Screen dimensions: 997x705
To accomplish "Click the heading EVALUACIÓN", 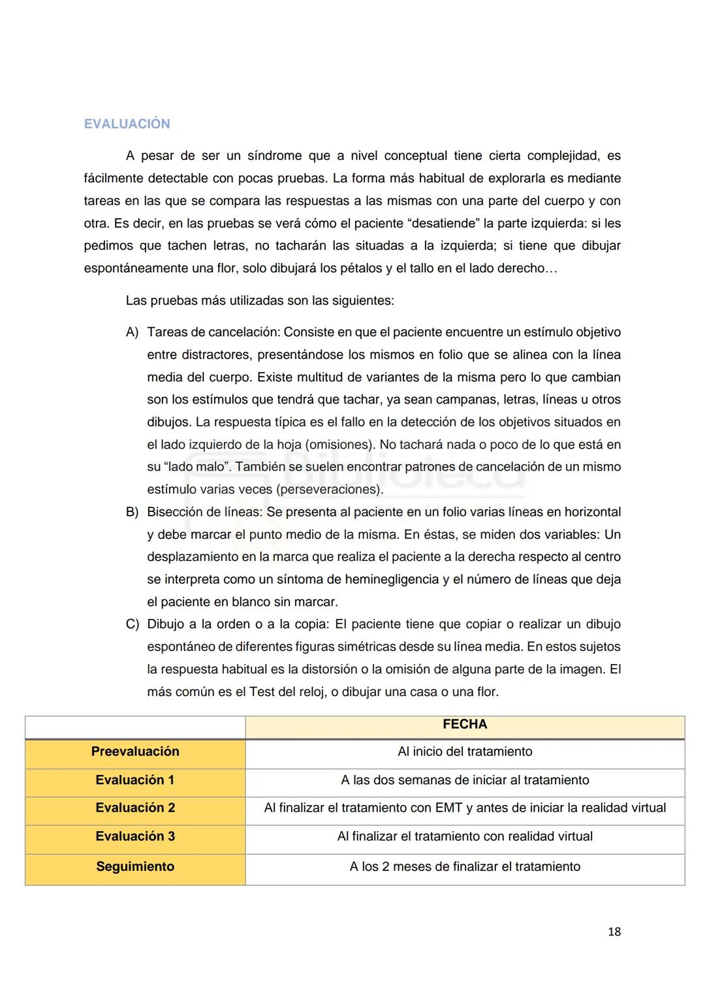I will (x=127, y=124).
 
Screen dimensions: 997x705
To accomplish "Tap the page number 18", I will (x=614, y=932).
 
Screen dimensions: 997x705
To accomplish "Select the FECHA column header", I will (x=465, y=725).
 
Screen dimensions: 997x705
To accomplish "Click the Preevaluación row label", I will (x=135, y=752).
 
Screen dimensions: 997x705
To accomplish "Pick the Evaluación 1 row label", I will (x=135, y=780).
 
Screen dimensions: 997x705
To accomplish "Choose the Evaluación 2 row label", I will (x=135, y=808).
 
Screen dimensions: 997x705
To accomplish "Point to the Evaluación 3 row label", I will (x=135, y=836).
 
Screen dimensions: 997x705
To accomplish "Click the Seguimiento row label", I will (x=135, y=867).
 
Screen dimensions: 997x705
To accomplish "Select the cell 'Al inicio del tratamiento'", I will (x=465, y=752).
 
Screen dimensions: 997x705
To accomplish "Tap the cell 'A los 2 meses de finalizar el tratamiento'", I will (x=465, y=867).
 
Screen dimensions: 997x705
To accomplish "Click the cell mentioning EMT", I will (x=465, y=808).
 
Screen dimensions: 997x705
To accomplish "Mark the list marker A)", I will (x=133, y=332).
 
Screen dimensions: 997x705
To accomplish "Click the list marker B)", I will (x=133, y=513).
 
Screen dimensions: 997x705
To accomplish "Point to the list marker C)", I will (x=133, y=625).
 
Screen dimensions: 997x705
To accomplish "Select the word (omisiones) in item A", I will (x=339, y=445).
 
